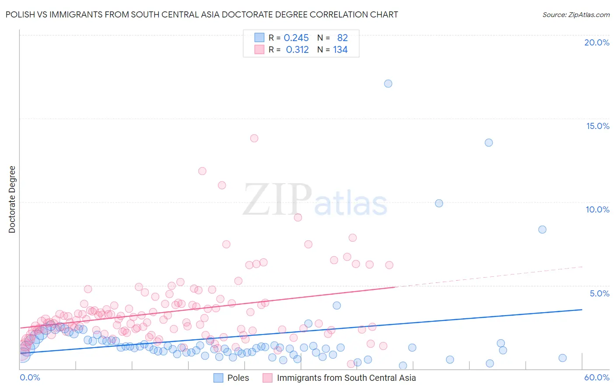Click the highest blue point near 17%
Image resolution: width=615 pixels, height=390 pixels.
pyautogui.click(x=388, y=84)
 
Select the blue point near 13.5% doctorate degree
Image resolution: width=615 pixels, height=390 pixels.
pyautogui.click(x=489, y=143)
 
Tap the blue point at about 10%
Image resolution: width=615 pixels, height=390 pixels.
pyautogui.click(x=439, y=203)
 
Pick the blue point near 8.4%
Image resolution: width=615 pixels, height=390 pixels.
pyautogui.click(x=542, y=230)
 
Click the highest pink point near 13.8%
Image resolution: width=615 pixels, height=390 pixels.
pyautogui.click(x=254, y=138)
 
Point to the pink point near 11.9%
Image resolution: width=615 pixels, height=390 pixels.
pyautogui.click(x=202, y=171)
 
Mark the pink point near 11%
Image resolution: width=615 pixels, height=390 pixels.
pyautogui.click(x=222, y=185)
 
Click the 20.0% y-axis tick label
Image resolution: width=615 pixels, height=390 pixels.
pyautogui.click(x=597, y=42)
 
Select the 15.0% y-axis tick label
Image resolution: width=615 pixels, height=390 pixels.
pyautogui.click(x=598, y=126)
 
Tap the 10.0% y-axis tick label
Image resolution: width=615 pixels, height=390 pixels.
pyautogui.click(x=598, y=209)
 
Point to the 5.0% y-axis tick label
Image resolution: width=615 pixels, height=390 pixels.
pyautogui.click(x=599, y=293)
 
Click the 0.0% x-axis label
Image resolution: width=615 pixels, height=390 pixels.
pyautogui.click(x=30, y=378)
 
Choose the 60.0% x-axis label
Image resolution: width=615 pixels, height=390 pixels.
pyautogui.click(x=597, y=378)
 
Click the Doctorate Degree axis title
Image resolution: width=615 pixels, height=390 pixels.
pyautogui.click(x=12, y=199)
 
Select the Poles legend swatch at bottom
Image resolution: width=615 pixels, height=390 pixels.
pyautogui.click(x=218, y=378)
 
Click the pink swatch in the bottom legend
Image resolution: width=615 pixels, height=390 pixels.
pyautogui.click(x=267, y=378)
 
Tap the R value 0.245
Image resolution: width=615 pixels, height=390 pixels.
pyautogui.click(x=296, y=38)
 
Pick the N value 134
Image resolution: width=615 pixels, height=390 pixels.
pyautogui.click(x=340, y=50)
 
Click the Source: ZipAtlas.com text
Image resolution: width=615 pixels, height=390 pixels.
pyautogui.click(x=576, y=14)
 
